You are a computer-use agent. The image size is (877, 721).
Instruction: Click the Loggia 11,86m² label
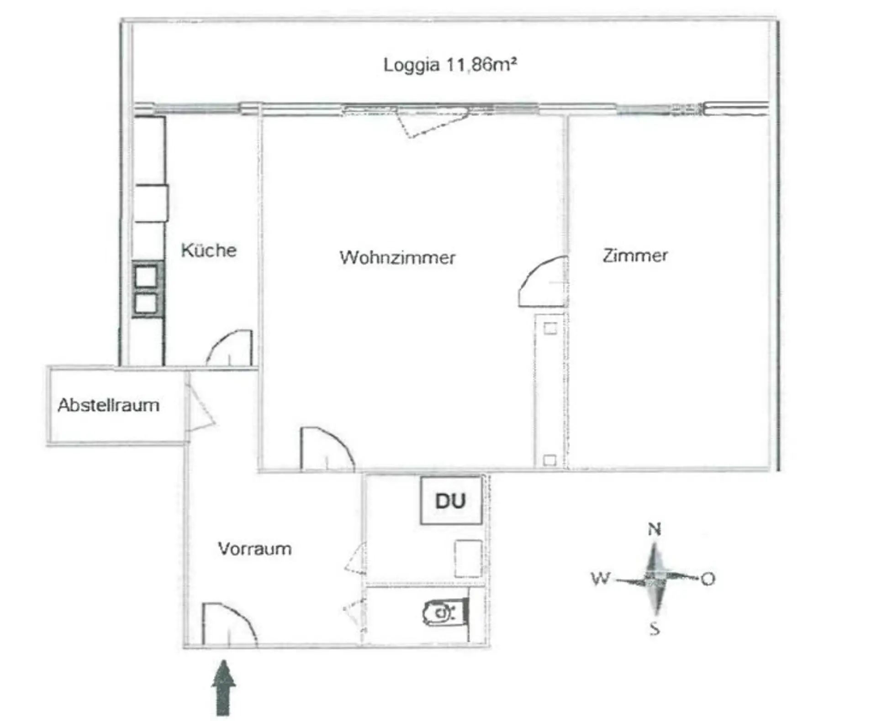[450, 65]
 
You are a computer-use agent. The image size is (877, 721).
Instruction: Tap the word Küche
[209, 250]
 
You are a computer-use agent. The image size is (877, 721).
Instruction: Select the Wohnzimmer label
[397, 257]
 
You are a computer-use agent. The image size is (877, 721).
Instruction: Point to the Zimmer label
[635, 255]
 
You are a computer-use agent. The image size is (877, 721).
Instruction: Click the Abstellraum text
[108, 405]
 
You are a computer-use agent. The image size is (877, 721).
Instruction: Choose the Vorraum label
[254, 549]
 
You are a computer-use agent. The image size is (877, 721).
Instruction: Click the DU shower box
[451, 501]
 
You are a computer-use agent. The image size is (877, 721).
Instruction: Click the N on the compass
[655, 529]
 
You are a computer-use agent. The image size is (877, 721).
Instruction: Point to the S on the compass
[655, 629]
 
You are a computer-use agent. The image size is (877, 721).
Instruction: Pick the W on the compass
[600, 578]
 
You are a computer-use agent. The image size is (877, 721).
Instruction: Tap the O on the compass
[708, 579]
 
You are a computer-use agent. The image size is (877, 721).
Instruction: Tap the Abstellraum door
[200, 406]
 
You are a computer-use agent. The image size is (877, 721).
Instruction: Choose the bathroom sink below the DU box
[468, 559]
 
